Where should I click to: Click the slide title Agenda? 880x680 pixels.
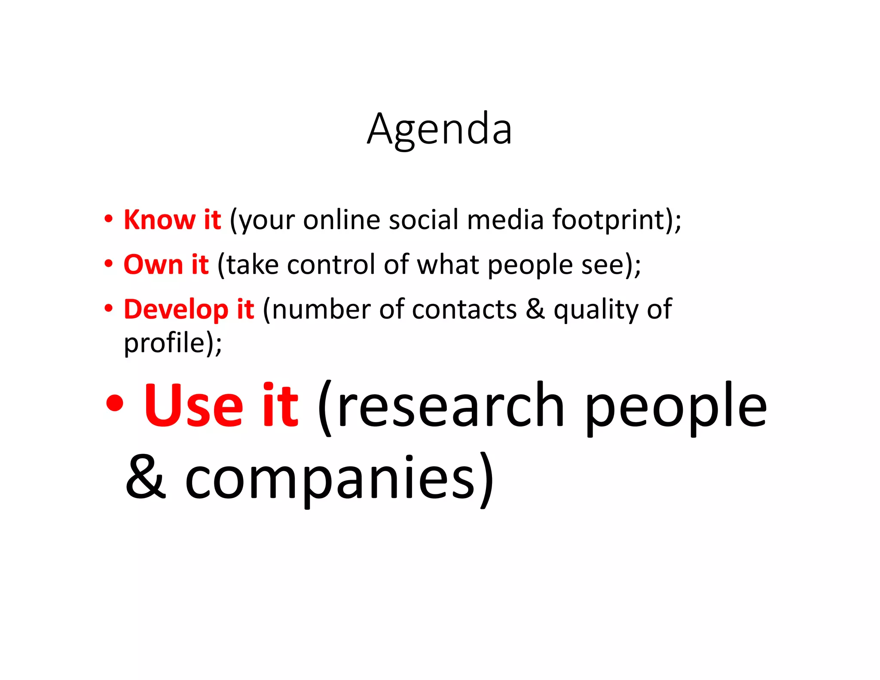439,129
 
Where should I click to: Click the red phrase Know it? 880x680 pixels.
172,220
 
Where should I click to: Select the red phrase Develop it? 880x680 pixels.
189,309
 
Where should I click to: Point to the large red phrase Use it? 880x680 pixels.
221,406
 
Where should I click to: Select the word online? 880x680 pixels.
342,220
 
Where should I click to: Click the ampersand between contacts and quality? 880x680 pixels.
535,309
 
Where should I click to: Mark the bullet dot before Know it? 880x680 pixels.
109,219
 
